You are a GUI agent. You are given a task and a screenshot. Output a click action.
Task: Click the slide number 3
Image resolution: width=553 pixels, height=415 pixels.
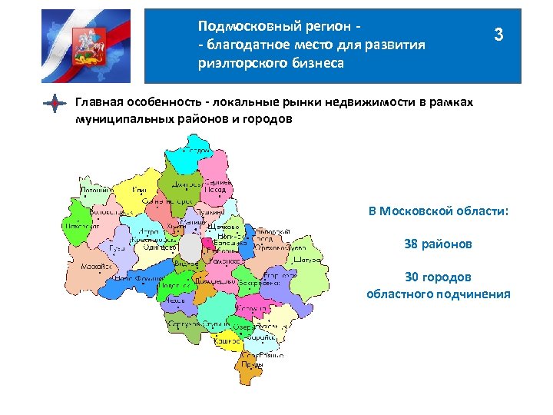(x=499, y=35)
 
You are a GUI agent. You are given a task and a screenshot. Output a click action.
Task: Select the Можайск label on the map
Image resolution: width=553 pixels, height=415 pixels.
(x=95, y=266)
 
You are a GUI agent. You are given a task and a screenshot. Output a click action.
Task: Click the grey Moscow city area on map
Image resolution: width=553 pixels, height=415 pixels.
(x=190, y=247)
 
